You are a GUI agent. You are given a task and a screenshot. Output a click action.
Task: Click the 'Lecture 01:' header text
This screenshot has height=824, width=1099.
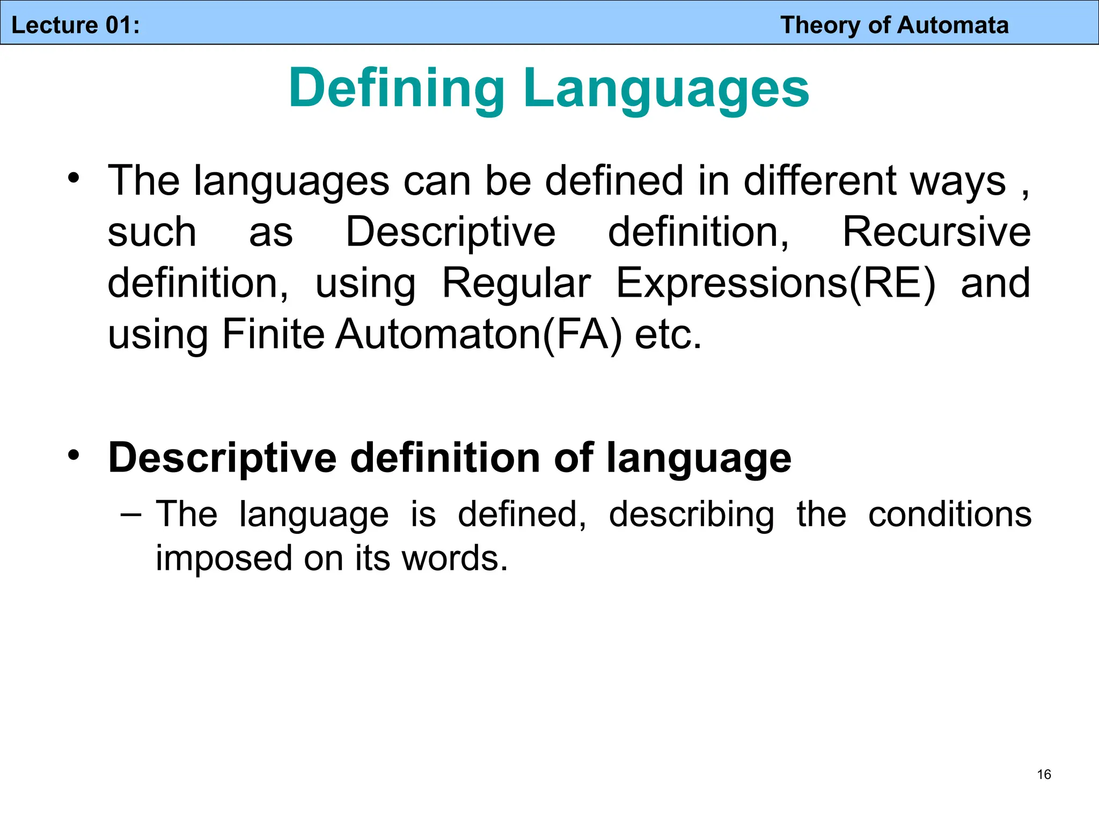tap(75, 25)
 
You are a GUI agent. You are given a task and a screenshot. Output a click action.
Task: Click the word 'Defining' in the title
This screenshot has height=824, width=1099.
tap(396, 89)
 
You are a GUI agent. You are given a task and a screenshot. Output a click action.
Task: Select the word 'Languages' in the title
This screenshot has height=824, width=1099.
tap(666, 89)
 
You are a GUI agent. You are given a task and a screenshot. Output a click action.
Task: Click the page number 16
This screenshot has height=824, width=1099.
tap(1044, 774)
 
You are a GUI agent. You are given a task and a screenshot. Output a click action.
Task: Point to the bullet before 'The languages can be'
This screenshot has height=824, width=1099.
tap(74, 178)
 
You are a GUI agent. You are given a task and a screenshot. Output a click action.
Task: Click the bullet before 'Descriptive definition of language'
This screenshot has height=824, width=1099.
tap(74, 455)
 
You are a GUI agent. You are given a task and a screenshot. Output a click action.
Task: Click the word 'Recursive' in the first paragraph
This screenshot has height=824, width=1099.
tap(936, 232)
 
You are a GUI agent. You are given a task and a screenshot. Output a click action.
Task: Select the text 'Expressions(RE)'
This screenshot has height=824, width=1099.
tap(775, 283)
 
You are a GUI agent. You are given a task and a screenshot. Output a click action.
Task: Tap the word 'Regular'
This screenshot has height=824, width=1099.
tap(516, 283)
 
